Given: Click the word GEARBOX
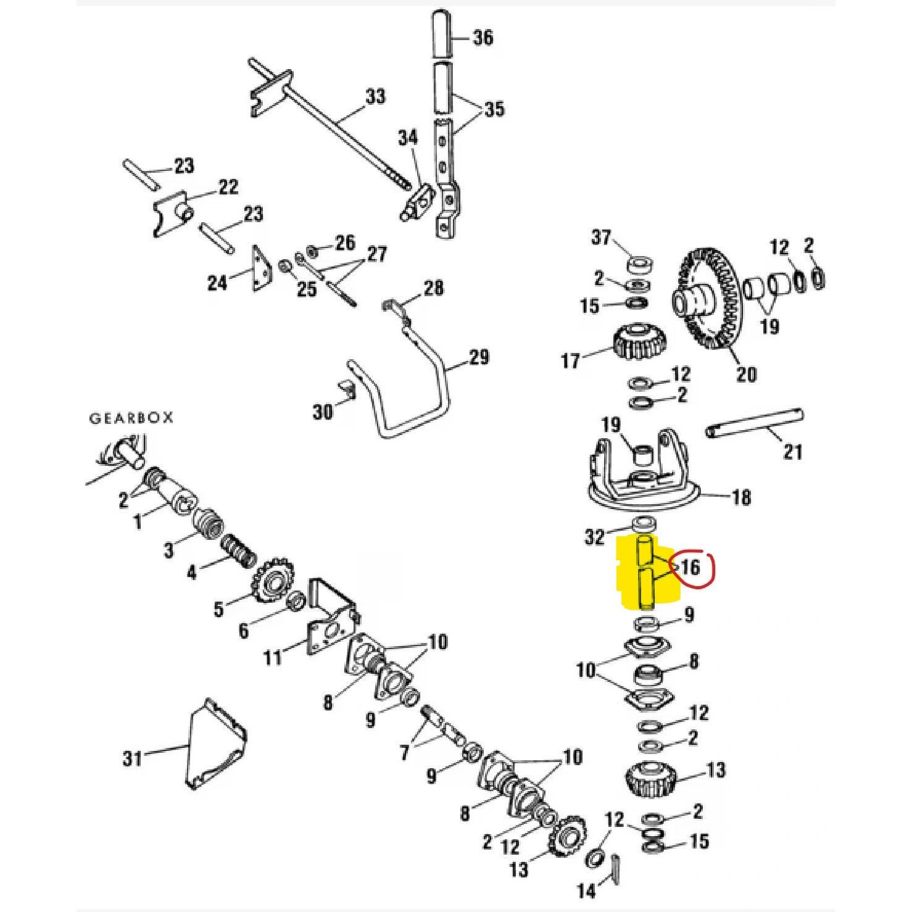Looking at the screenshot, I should pos(131,418).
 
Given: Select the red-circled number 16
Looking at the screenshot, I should pos(690,566).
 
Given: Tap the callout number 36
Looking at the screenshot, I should pos(483,37).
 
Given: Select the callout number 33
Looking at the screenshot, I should pos(375,97).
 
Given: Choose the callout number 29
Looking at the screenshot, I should pos(478,357).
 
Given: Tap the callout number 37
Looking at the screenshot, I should pos(601,238).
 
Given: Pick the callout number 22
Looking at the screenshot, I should pos(228,187).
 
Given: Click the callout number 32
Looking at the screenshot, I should pos(595,537).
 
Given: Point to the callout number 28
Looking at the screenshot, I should pos(433,288).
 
